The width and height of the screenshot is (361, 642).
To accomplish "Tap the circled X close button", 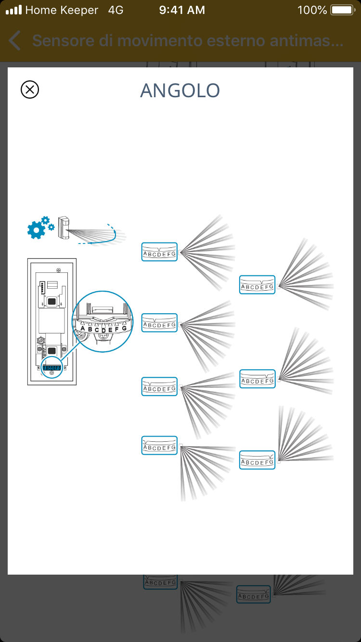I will (x=30, y=90).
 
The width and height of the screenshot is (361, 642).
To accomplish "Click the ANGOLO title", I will (x=180, y=90).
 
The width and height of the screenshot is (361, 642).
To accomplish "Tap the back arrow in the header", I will (x=15, y=41).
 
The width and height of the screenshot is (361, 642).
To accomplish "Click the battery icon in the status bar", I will (x=342, y=10).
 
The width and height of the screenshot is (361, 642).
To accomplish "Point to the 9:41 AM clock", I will (x=182, y=10).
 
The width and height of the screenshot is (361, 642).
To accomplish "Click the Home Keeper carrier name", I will (x=62, y=10).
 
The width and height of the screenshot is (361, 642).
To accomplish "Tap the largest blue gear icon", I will (x=36, y=231).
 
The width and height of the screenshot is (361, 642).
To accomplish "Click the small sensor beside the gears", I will (x=64, y=227).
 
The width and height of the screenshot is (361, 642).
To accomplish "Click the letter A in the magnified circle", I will (x=82, y=328).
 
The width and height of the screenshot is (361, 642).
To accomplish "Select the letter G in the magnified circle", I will (x=124, y=328).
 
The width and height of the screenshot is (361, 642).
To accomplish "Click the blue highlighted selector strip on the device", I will (x=52, y=368).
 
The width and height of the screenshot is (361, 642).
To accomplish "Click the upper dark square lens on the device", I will (x=52, y=302).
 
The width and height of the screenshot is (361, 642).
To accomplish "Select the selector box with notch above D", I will (x=159, y=252).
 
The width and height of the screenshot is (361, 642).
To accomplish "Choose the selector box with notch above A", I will (x=159, y=445).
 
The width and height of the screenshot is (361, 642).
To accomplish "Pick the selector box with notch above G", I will (x=257, y=460).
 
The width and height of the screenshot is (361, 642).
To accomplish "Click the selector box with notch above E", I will (x=257, y=284).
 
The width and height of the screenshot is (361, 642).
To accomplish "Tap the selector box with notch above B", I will (x=159, y=386).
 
